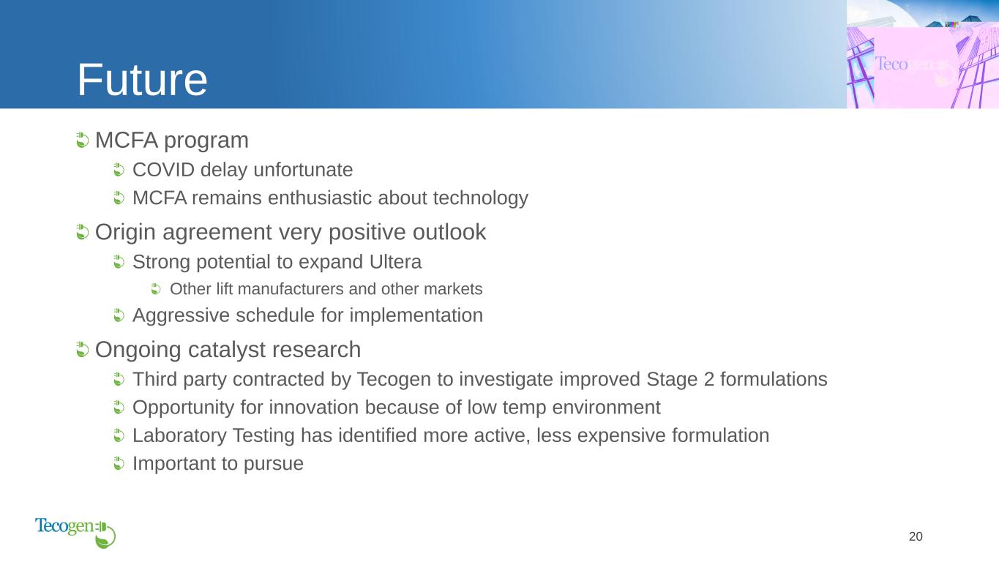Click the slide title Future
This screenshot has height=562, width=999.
pyautogui.click(x=142, y=80)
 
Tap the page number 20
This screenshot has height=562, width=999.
pyautogui.click(x=916, y=536)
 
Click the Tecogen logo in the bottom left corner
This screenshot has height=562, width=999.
pyautogui.click(x=75, y=533)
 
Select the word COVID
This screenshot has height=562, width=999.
pyautogui.click(x=164, y=170)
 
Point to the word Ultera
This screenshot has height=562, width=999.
pyautogui.click(x=395, y=262)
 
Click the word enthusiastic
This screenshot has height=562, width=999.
pyautogui.click(x=319, y=198)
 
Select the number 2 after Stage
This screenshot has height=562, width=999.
pyautogui.click(x=708, y=380)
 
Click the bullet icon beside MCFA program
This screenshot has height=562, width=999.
pyautogui.click(x=82, y=140)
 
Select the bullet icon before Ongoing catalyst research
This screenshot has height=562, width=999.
pyautogui.click(x=82, y=349)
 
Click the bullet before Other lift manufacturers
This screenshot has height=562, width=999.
pyautogui.click(x=156, y=288)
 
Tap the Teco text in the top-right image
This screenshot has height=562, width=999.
pyautogui.click(x=891, y=64)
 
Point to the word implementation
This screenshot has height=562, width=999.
pyautogui.click(x=416, y=316)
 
